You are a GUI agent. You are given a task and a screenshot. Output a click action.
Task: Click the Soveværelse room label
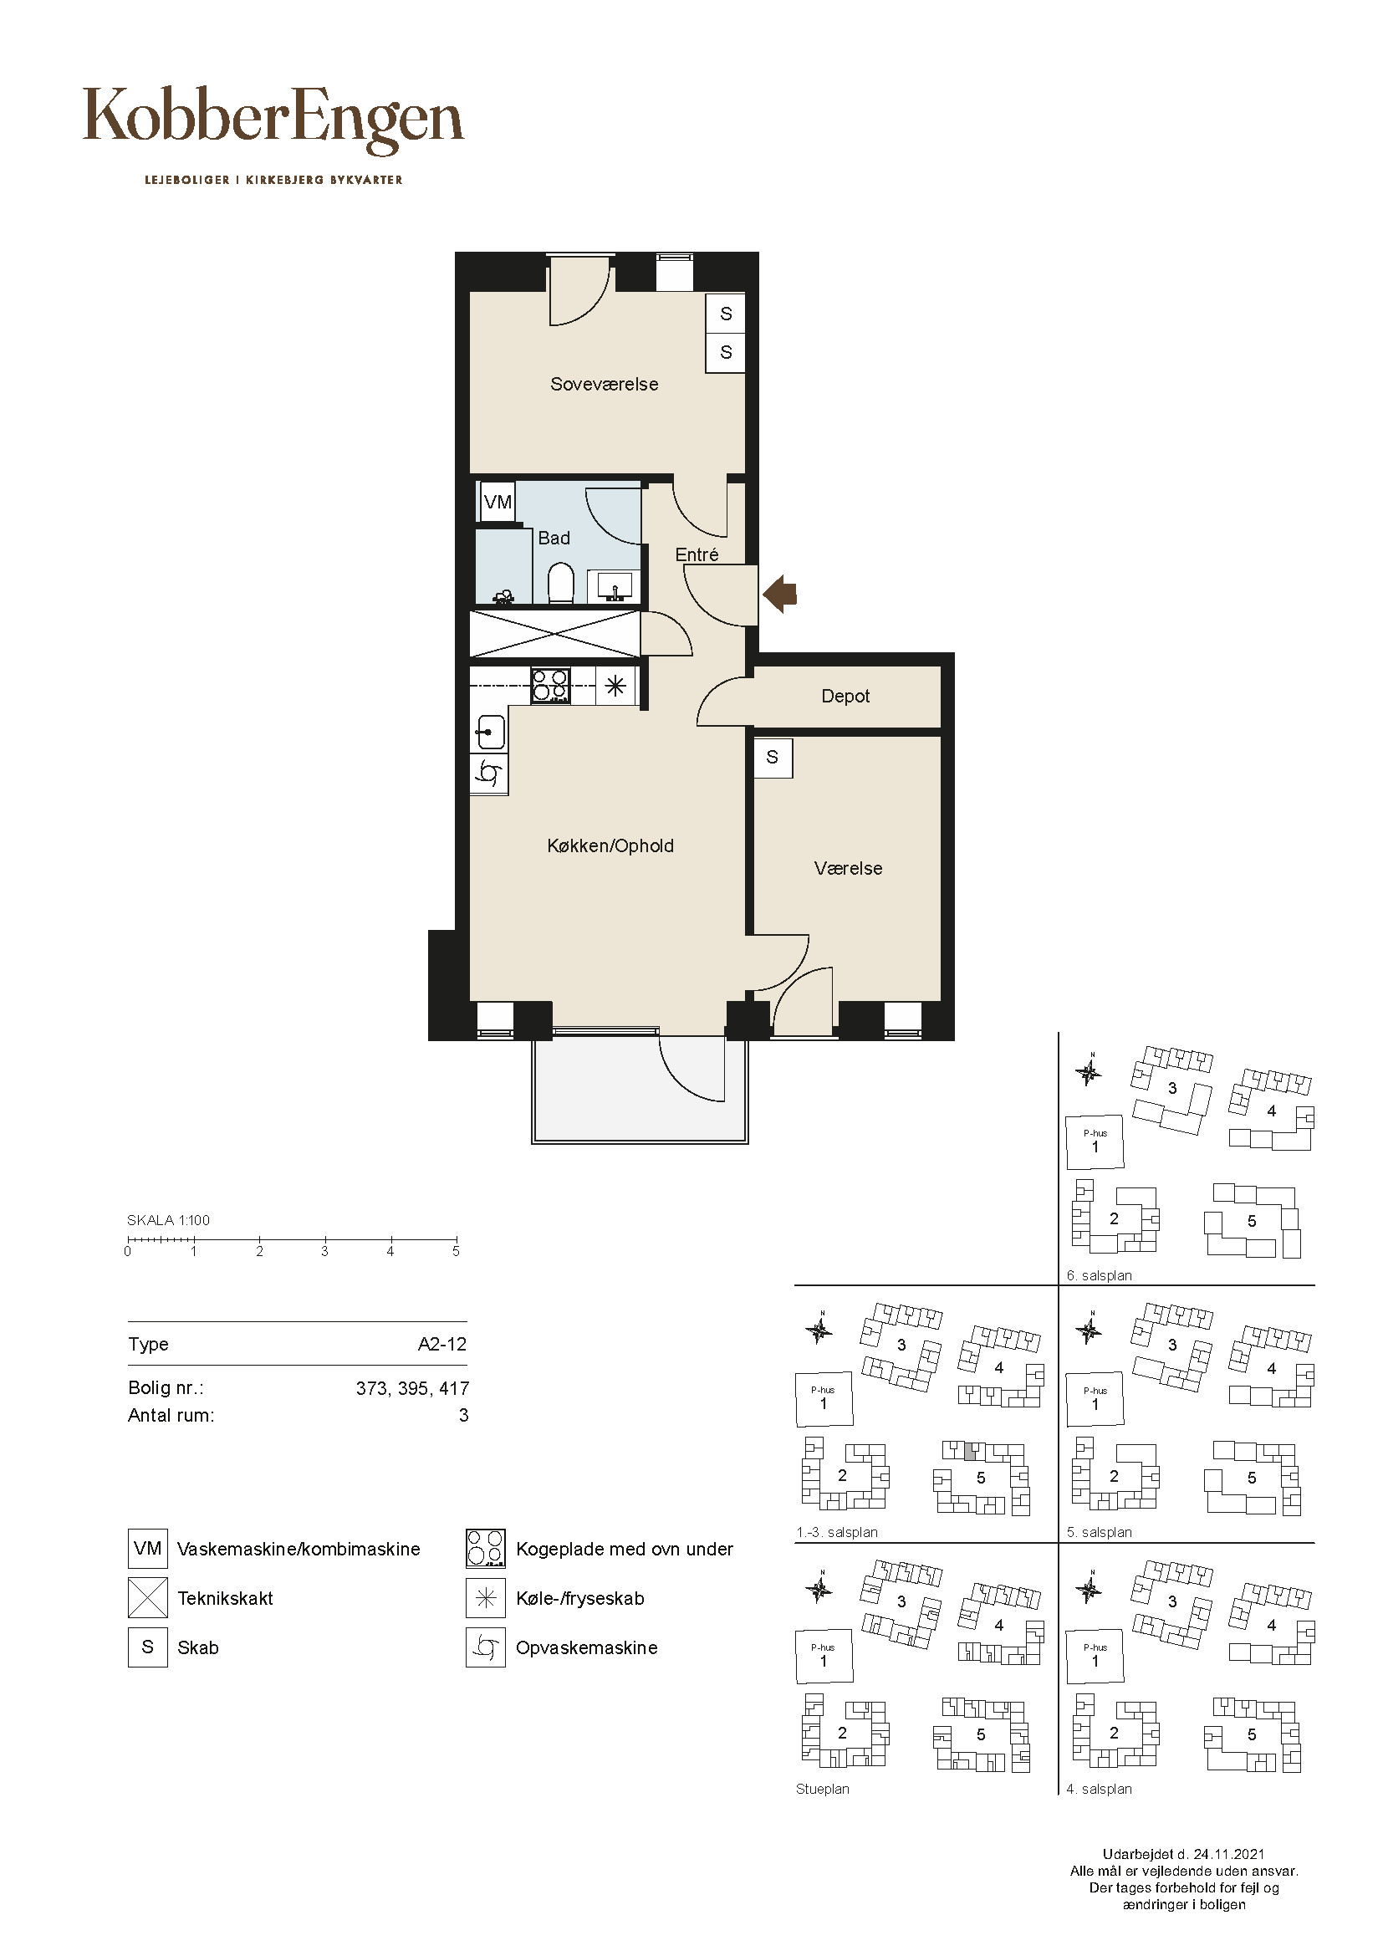point(604,384)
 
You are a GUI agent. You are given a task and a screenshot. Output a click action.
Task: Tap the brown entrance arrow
point(780,593)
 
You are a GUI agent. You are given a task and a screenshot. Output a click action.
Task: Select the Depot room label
point(845,697)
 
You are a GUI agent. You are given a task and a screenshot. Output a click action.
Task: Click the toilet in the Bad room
point(559,583)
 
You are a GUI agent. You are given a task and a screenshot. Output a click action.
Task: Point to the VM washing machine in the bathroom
point(498,502)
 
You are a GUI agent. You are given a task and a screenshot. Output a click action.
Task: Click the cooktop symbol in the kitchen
point(550,686)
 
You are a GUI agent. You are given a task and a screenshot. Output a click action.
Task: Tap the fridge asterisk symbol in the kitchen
point(615,686)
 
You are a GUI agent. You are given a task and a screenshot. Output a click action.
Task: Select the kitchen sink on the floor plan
point(490,732)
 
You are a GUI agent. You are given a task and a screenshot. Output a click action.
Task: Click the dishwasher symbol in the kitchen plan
point(490,774)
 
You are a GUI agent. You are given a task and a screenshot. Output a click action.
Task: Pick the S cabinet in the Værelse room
point(773,758)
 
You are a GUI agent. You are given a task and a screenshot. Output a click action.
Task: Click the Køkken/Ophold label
point(610,846)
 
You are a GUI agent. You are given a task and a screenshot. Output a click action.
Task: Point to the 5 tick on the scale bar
point(456,1240)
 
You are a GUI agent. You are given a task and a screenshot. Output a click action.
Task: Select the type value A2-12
point(442,1345)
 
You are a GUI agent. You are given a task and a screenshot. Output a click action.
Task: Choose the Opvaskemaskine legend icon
point(486,1647)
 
